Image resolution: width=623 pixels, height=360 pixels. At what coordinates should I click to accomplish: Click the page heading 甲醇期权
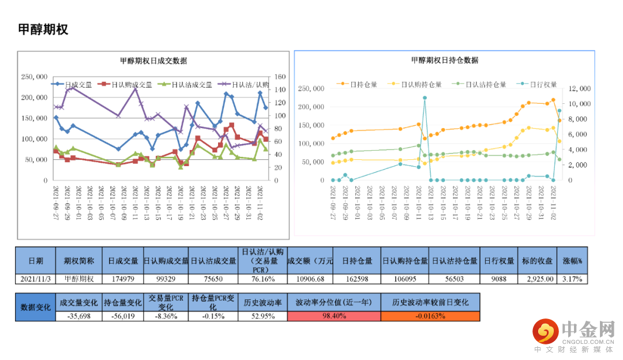coord(43,29)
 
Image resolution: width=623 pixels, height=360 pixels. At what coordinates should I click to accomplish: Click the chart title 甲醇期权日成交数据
coord(153,61)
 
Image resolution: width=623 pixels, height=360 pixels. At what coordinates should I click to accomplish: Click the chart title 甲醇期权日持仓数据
coord(444,60)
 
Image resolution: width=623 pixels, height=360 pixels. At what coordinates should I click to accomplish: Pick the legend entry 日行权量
coord(542,84)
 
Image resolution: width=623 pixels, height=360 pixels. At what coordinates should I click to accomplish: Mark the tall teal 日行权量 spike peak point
coord(425,98)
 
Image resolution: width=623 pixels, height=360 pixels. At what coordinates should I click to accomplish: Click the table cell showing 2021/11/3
coord(35,279)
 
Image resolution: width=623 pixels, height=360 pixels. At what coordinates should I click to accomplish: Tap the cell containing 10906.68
coord(310,279)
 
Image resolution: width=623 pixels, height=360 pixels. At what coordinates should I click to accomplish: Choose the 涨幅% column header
coord(572,260)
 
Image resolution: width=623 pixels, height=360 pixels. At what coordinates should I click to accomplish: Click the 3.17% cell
coord(572,279)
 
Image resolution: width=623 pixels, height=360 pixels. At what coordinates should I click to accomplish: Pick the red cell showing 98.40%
coord(334,316)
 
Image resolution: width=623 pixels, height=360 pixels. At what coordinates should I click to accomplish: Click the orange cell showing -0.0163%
coord(430,316)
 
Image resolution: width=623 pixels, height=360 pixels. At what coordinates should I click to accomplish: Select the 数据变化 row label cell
coord(35,307)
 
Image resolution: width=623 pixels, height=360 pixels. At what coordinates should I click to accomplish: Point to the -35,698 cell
coord(78,316)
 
